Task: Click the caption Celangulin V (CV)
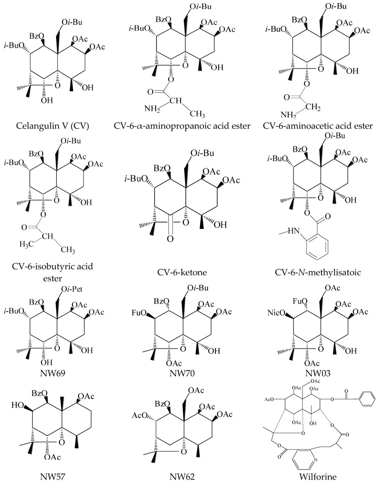tap(53, 126)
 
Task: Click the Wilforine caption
tap(317, 476)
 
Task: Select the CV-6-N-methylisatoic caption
tap(317, 273)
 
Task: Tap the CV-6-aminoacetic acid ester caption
tap(317, 126)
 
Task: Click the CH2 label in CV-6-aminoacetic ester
tap(313, 108)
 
